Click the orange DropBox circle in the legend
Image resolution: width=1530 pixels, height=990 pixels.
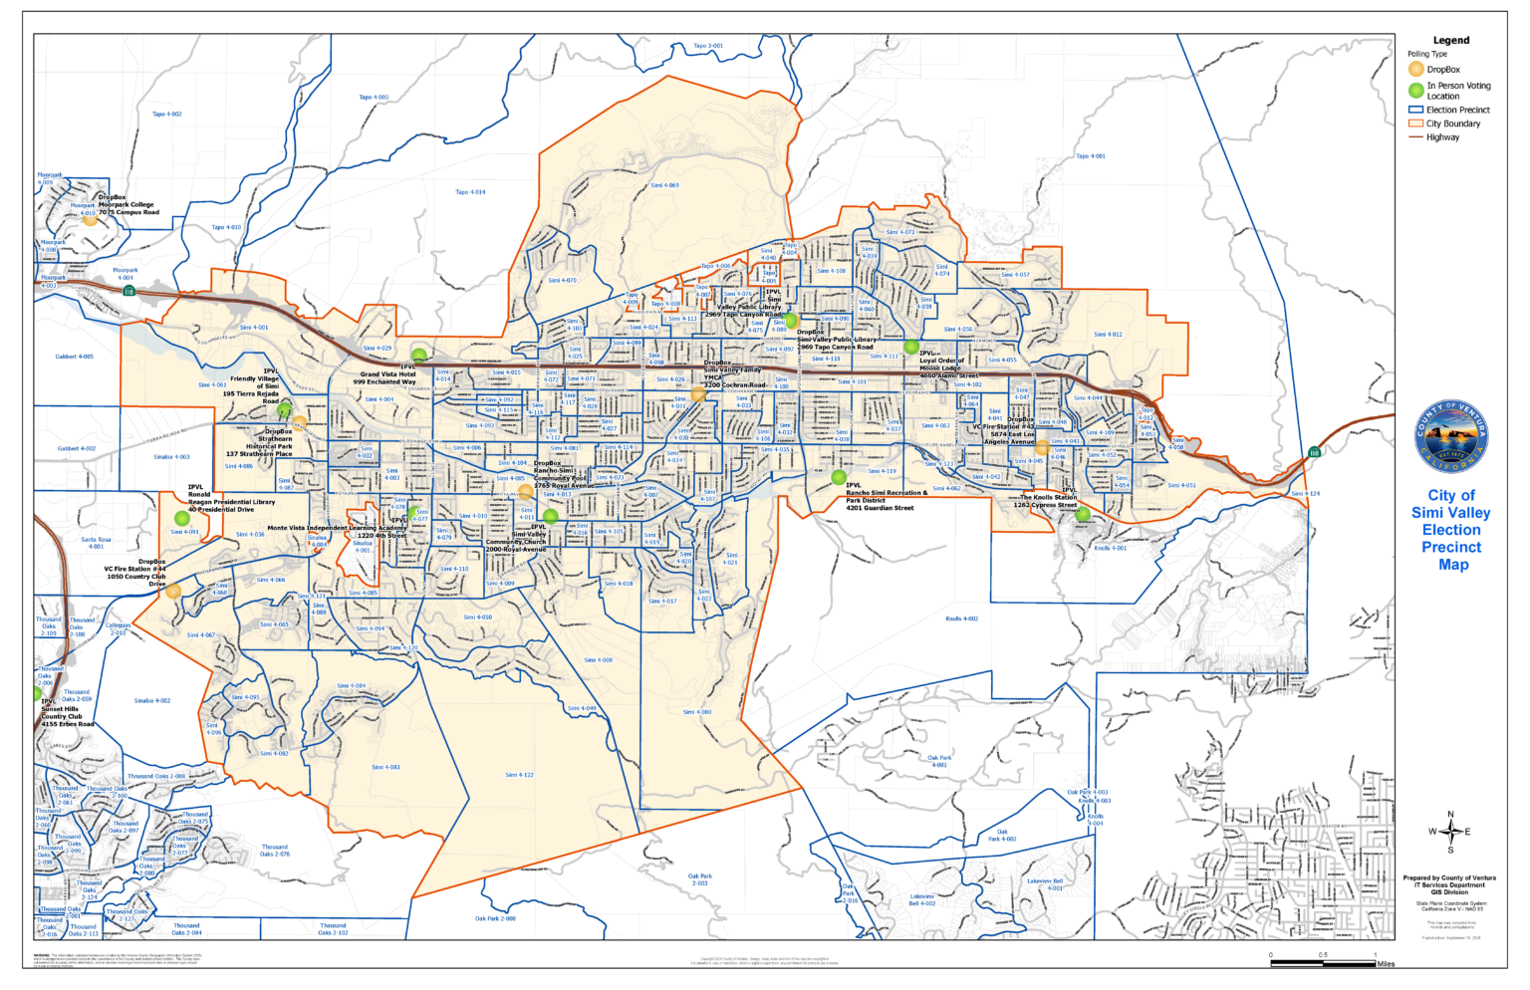pyautogui.click(x=1415, y=70)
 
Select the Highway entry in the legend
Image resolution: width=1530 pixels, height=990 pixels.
pyautogui.click(x=1441, y=137)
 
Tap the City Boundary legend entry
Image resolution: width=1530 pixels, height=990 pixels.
pyautogui.click(x=1452, y=124)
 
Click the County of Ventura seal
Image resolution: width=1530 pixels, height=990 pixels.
pyautogui.click(x=1451, y=438)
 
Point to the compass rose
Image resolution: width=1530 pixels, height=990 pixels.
pyautogui.click(x=1450, y=831)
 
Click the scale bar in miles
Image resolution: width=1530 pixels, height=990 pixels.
pyautogui.click(x=1323, y=962)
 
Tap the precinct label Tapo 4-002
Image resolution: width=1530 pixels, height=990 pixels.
pyautogui.click(x=166, y=115)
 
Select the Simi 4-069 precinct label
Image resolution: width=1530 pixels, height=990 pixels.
pyautogui.click(x=664, y=185)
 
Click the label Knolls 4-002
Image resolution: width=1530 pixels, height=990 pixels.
pyautogui.click(x=961, y=619)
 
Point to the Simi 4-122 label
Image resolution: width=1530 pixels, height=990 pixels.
pyautogui.click(x=519, y=774)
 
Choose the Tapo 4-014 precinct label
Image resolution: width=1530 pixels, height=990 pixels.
pyautogui.click(x=470, y=192)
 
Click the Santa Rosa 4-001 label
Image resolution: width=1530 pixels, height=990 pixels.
pyautogui.click(x=96, y=543)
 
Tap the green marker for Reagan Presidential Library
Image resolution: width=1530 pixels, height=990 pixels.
pyautogui.click(x=182, y=518)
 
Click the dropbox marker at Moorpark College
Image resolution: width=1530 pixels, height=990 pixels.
pyautogui.click(x=90, y=219)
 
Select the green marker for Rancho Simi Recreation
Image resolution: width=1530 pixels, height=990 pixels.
pyautogui.click(x=839, y=477)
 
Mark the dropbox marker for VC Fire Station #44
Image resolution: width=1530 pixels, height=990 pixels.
pyautogui.click(x=173, y=591)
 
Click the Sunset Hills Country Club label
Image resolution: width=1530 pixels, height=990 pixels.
pyautogui.click(x=62, y=712)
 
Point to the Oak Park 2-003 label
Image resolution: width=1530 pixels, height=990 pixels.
pyautogui.click(x=699, y=879)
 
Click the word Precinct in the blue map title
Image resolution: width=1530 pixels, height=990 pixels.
pyautogui.click(x=1451, y=547)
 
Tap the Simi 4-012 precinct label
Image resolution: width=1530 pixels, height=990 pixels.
pyautogui.click(x=1108, y=335)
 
